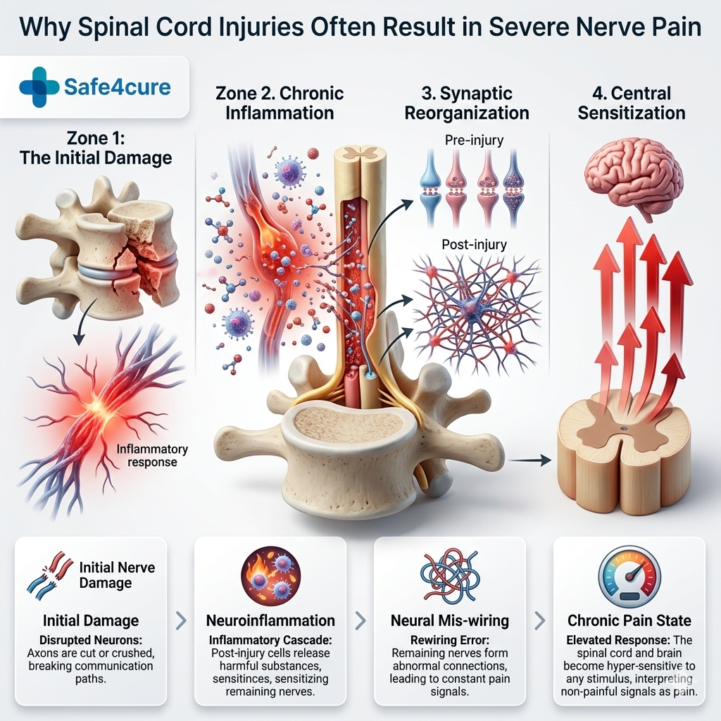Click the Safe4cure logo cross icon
pyautogui.click(x=39, y=87)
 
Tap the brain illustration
pyautogui.click(x=634, y=173)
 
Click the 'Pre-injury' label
pyautogui.click(x=475, y=140)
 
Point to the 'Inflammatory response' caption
pyautogui.click(x=152, y=456)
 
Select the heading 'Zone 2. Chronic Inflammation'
pyautogui.click(x=280, y=103)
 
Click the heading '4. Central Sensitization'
pyautogui.click(x=631, y=103)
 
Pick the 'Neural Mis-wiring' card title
pyautogui.click(x=450, y=620)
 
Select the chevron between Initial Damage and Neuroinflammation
pyautogui.click(x=180, y=620)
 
